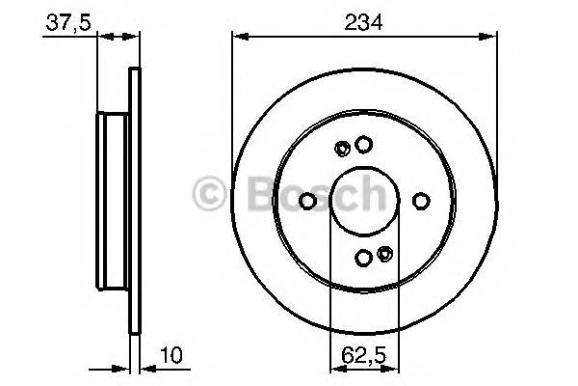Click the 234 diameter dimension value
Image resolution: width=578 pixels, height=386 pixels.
tap(364, 20)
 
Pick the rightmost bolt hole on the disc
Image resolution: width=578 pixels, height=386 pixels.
tap(420, 201)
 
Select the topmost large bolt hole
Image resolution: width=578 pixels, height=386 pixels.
tap(363, 145)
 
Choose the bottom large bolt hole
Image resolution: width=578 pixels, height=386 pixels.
tap(363, 257)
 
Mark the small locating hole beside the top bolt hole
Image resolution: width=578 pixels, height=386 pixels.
tap(343, 148)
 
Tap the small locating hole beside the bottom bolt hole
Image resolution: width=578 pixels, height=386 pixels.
tap(384, 255)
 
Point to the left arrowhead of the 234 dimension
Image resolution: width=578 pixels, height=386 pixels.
tap(238, 37)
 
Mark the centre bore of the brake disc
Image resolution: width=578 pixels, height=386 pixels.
tap(364, 201)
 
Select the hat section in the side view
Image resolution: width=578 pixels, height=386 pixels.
tap(114, 200)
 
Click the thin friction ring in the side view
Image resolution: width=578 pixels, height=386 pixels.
tap(135, 201)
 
